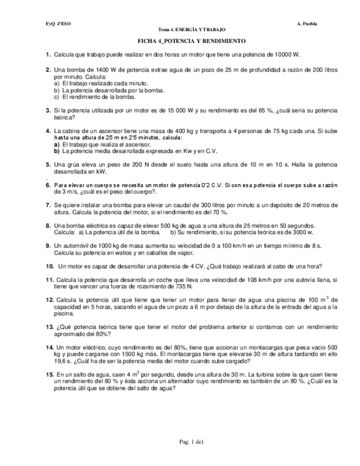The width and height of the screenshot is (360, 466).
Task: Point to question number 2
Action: coord(48,71)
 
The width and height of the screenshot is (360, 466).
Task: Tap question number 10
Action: coord(49,266)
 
